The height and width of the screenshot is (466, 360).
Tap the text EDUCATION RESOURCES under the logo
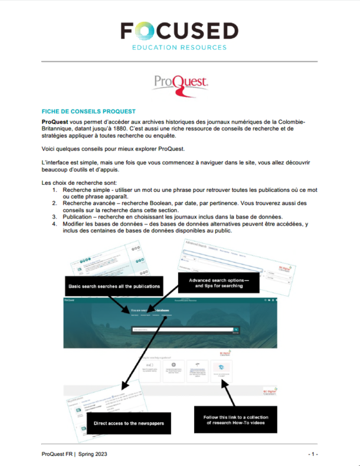pos(179,47)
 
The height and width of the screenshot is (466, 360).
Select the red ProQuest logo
pos(179,82)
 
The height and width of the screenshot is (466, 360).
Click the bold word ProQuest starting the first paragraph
pos(56,121)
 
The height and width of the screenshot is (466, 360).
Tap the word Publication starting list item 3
pos(77,217)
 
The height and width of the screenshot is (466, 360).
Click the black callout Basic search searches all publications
pos(114,286)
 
